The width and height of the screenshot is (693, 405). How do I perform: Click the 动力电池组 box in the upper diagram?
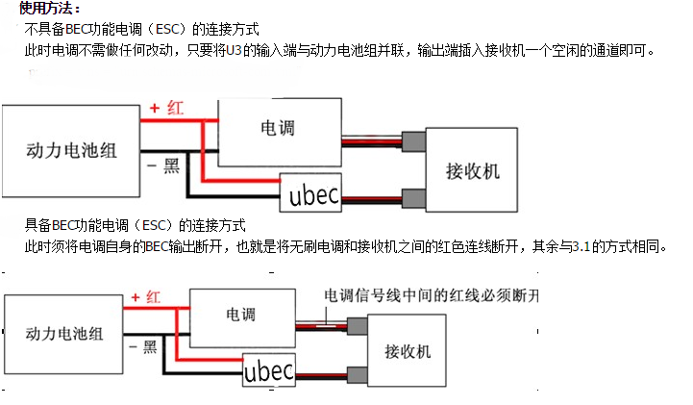click(71, 151)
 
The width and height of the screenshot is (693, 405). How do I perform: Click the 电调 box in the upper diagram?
click(280, 132)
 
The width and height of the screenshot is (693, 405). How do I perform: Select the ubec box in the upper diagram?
click(310, 192)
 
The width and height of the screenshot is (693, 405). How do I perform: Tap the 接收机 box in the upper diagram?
click(472, 169)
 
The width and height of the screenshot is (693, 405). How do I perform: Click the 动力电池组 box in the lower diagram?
click(63, 334)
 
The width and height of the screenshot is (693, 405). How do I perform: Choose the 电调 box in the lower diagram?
click(242, 317)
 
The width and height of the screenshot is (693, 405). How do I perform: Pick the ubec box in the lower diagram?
click(269, 370)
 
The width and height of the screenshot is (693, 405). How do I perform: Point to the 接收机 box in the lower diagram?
click(407, 350)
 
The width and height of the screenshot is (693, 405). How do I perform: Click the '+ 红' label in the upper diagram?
click(166, 108)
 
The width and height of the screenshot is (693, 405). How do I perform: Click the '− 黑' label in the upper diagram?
click(163, 165)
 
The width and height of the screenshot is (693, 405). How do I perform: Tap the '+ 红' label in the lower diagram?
click(145, 297)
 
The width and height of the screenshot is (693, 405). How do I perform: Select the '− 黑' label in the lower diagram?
click(143, 346)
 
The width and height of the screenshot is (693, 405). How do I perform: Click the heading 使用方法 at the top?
click(50, 8)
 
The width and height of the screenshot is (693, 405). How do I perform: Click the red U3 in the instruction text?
click(234, 50)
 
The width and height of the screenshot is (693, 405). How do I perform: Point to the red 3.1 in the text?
click(582, 246)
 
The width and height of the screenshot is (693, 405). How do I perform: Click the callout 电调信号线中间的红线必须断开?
click(432, 295)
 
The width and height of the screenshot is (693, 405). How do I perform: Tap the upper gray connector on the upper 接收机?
click(413, 141)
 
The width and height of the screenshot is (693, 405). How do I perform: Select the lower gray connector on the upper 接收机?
click(413, 198)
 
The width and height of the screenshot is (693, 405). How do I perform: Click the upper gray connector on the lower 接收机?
click(358, 326)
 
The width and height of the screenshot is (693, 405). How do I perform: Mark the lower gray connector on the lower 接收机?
click(358, 375)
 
